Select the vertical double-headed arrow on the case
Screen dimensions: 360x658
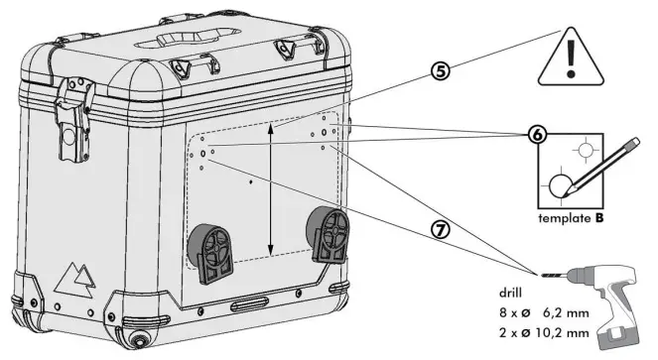[272, 189]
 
